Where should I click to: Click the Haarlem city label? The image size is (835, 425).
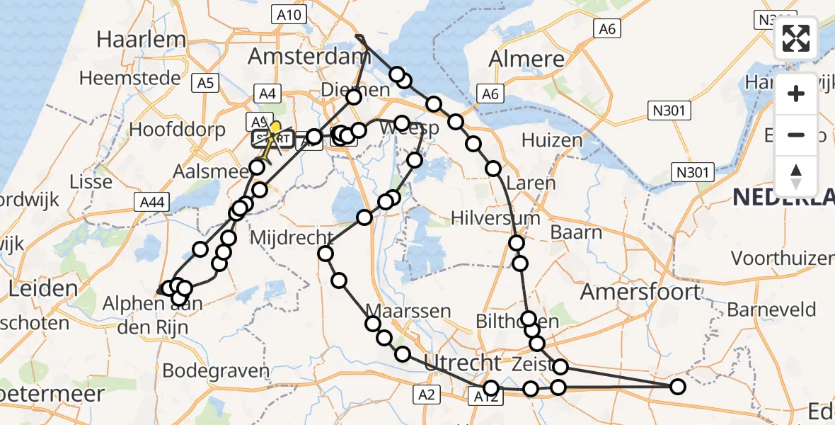(x=142, y=39)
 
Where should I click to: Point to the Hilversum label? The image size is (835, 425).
(x=495, y=217)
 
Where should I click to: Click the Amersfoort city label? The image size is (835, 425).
(x=640, y=291)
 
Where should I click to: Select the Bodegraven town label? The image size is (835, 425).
(x=216, y=370)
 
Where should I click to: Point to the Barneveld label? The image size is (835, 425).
(x=771, y=310)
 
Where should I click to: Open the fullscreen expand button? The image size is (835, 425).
(x=796, y=38)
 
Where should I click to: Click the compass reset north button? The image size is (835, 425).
(x=796, y=176)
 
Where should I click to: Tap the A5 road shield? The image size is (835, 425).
(x=205, y=84)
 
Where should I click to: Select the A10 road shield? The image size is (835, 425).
(x=288, y=15)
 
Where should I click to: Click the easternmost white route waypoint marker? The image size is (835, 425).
(x=677, y=387)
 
